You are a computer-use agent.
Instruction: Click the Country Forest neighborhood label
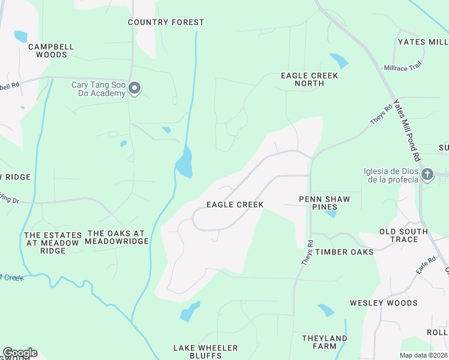coord(166,22)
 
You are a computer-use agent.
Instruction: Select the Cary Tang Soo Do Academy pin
coord(135,89)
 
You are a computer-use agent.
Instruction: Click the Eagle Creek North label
coord(310,79)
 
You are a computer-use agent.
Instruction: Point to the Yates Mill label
coord(423,42)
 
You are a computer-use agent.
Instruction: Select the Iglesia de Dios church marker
coord(427,175)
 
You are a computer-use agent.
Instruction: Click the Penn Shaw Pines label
coord(324,203)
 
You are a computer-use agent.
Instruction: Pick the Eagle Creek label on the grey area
coord(235,205)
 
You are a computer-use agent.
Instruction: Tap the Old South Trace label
coord(403,235)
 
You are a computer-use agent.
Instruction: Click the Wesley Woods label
coord(384,303)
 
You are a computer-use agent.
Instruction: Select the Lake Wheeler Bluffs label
coord(205,352)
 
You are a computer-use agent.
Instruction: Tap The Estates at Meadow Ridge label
coord(53,243)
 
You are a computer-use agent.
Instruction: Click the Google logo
coord(20,353)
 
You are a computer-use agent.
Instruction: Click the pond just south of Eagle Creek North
coord(339,61)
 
